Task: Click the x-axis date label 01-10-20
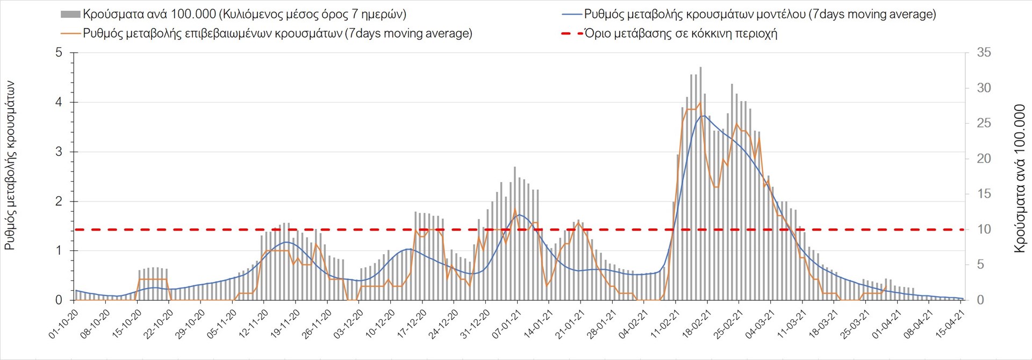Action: pos(64,323)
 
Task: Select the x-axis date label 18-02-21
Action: pos(697,323)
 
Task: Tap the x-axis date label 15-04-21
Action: pos(950,323)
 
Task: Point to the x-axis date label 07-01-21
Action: pos(507,323)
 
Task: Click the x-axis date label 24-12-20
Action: pos(444,323)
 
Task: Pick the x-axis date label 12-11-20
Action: pos(254,323)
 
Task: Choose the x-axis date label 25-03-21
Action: pos(855,323)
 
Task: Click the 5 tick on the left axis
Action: pos(59,53)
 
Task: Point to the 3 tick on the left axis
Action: pos(59,152)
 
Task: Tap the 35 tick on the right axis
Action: pos(984,53)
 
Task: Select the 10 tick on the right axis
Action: pos(984,229)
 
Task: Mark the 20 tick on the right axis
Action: pos(984,159)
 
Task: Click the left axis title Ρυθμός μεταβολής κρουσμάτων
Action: pos(10,165)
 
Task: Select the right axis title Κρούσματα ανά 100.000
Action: pos(1020,178)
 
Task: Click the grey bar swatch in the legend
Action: pos(70,15)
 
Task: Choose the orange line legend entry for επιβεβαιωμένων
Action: pos(277,33)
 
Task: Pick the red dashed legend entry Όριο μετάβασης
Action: pos(680,33)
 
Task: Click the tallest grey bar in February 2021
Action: pos(700,183)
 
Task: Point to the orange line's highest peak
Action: pos(700,103)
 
